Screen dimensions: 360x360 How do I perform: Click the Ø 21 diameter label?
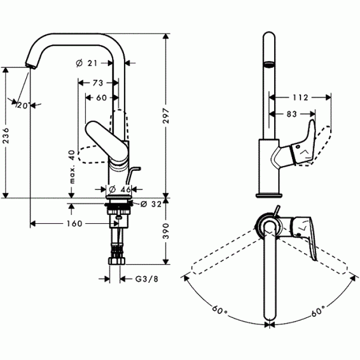point(87,63)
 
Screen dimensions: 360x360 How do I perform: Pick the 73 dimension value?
point(98,82)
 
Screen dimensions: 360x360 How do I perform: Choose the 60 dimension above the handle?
point(101,98)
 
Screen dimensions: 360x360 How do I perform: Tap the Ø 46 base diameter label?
point(120,189)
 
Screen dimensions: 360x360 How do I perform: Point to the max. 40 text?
point(73,167)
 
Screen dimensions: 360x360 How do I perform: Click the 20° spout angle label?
point(23,105)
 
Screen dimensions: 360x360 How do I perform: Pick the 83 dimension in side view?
point(291,114)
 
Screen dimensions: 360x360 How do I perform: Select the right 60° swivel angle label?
point(317,310)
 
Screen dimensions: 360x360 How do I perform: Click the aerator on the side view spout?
point(268,65)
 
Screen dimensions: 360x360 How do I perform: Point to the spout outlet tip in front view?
point(30,66)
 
